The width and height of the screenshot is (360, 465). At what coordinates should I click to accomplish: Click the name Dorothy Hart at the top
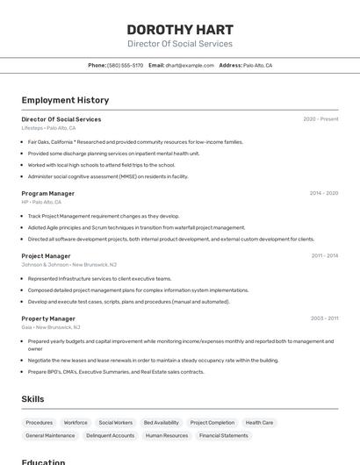pyautogui.click(x=180, y=29)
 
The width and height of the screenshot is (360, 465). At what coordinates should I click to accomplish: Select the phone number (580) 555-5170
pyautogui.click(x=125, y=65)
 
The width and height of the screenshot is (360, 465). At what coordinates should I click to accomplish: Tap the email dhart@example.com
pyautogui.click(x=190, y=65)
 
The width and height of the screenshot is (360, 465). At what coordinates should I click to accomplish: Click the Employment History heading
pyautogui.click(x=65, y=100)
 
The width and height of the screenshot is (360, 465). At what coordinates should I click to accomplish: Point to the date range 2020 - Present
pyautogui.click(x=320, y=119)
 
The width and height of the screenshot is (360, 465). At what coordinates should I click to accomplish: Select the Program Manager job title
pyautogui.click(x=48, y=193)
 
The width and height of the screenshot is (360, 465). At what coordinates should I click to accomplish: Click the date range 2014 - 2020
pyautogui.click(x=323, y=193)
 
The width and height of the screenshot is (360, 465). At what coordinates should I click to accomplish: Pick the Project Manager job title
pyautogui.click(x=46, y=256)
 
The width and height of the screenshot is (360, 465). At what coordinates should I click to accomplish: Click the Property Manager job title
pyautogui.click(x=48, y=318)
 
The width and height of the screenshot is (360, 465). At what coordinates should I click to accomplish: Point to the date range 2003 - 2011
pyautogui.click(x=324, y=318)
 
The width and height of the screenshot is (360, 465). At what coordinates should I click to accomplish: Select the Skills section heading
pyautogui.click(x=32, y=399)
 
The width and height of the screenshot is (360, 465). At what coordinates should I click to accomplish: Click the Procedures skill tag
pyautogui.click(x=40, y=422)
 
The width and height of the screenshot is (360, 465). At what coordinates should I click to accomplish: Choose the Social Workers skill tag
pyautogui.click(x=116, y=422)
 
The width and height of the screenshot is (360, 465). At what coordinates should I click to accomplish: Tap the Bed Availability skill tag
pyautogui.click(x=162, y=422)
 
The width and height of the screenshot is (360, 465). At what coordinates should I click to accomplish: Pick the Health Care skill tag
pyautogui.click(x=259, y=422)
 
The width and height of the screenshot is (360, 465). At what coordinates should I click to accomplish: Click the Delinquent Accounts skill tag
pyautogui.click(x=111, y=435)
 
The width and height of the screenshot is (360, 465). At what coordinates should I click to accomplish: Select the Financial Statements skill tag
pyautogui.click(x=223, y=435)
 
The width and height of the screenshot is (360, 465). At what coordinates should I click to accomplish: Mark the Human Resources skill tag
pyautogui.click(x=167, y=435)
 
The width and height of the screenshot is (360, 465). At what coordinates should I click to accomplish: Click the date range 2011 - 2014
pyautogui.click(x=324, y=256)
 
